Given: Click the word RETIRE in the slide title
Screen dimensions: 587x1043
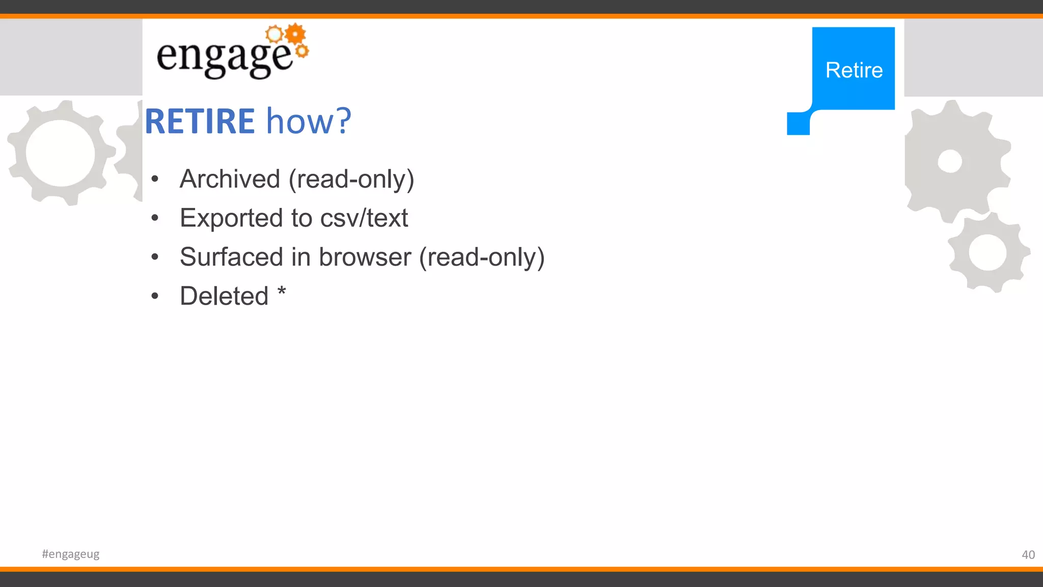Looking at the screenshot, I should (x=200, y=121).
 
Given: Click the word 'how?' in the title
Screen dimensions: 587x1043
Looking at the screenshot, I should (x=309, y=121).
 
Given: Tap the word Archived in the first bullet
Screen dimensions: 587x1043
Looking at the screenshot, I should (x=230, y=179).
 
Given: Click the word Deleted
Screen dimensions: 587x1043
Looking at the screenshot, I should (x=224, y=296).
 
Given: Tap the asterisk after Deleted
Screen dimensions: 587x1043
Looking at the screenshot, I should (x=282, y=292).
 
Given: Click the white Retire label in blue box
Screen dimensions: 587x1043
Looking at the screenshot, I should (x=854, y=70).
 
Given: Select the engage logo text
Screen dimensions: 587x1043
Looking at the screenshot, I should (x=225, y=57).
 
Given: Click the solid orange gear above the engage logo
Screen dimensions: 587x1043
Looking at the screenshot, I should (x=295, y=34).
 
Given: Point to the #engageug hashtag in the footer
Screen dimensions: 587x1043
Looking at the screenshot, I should (x=71, y=554).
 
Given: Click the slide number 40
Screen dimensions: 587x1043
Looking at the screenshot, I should (x=1028, y=555).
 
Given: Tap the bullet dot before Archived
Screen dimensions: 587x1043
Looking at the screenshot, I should (x=155, y=179).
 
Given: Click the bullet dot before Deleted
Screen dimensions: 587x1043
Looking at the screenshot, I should (x=155, y=296).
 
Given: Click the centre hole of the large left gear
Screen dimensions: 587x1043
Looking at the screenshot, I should (x=60, y=153).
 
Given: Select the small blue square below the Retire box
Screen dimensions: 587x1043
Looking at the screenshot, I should (x=798, y=124).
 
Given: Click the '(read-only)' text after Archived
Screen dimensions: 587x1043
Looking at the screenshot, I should (x=351, y=179).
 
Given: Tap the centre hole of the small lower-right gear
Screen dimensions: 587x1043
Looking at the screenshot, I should (x=987, y=253).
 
